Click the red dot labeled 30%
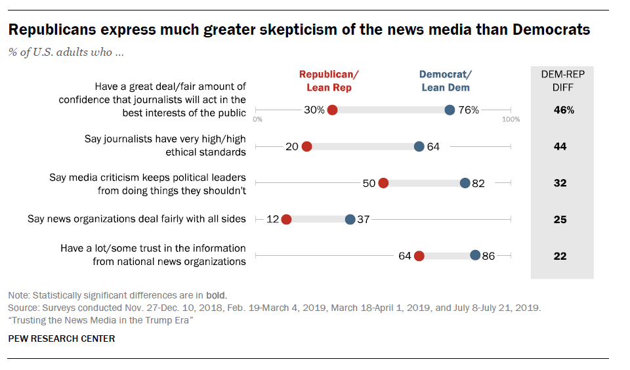click(332, 110)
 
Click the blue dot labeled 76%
click(450, 110)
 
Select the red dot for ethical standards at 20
click(306, 147)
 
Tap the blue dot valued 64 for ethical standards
click(419, 147)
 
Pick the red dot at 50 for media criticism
click(383, 183)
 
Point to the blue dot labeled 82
click(465, 183)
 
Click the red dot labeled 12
click(286, 220)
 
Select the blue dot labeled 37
click(350, 220)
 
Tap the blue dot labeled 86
click(475, 256)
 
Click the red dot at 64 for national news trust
click(419, 256)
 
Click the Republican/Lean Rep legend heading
click(329, 81)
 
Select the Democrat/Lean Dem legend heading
click(445, 81)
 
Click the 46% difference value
click(564, 110)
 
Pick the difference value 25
click(560, 220)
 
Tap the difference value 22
click(560, 256)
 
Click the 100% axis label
click(511, 119)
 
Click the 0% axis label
click(257, 119)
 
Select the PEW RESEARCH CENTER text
click(61, 339)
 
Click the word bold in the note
click(216, 295)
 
